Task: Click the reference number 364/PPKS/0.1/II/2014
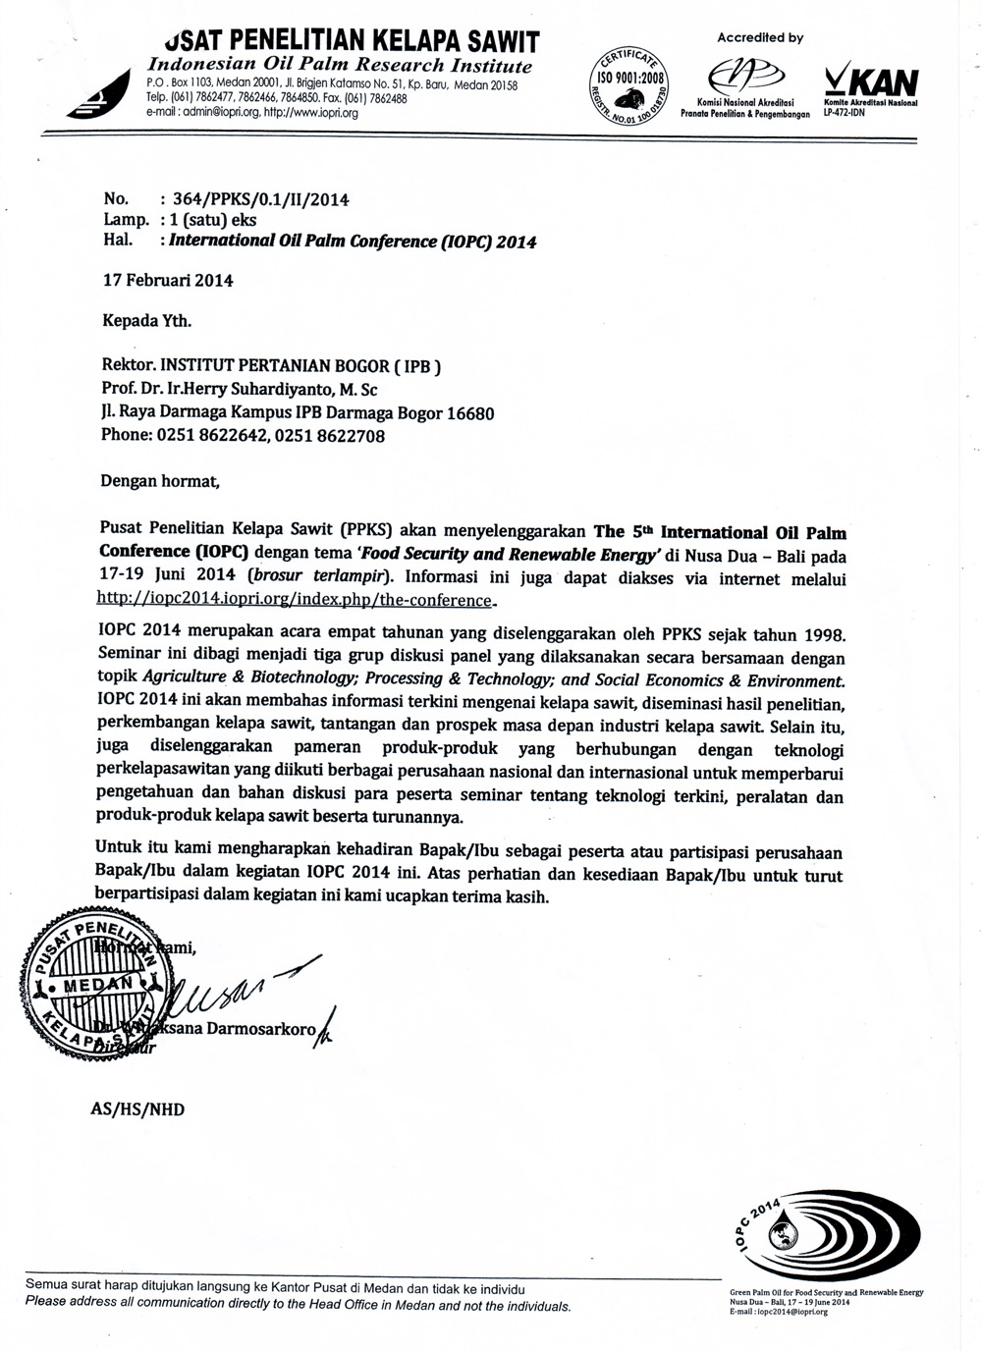[260, 200]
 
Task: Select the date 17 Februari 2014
[168, 280]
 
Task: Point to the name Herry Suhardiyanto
[260, 390]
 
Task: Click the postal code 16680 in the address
[470, 413]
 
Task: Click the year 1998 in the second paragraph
[820, 636]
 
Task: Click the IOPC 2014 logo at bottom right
[826, 1236]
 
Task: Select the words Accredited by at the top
[760, 38]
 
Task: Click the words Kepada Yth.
[147, 320]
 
